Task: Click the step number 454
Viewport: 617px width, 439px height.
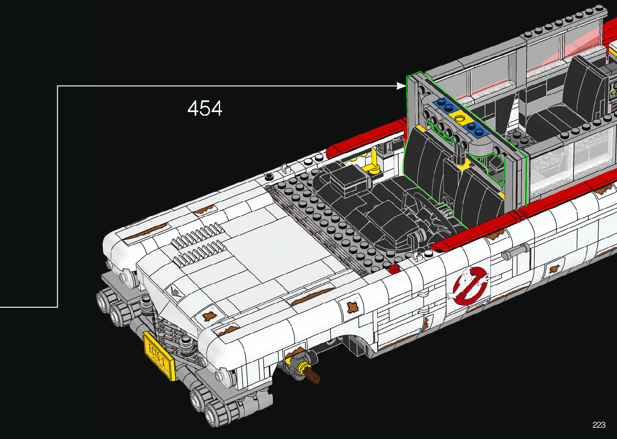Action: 205,108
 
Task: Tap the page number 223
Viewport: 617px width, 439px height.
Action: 599,424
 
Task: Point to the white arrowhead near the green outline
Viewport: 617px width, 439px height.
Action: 401,86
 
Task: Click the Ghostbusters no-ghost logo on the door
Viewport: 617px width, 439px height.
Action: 468,286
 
